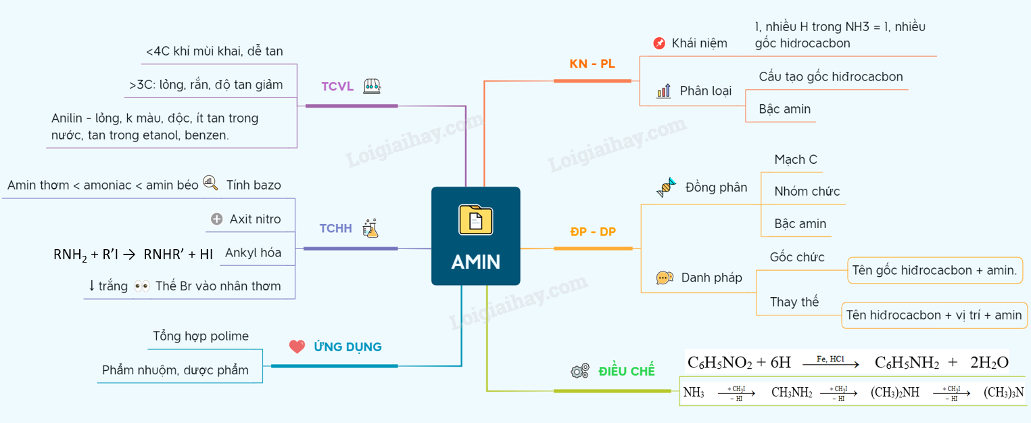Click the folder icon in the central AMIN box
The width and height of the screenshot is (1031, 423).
(x=475, y=219)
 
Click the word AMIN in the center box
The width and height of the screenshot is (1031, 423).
(x=475, y=262)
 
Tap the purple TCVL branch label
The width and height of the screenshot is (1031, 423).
(x=337, y=86)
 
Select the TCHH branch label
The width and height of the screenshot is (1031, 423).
(x=336, y=229)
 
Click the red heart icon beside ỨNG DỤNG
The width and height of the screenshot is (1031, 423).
(x=297, y=347)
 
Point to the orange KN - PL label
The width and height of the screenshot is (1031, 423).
(x=592, y=64)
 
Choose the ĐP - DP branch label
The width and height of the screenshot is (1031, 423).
(x=593, y=231)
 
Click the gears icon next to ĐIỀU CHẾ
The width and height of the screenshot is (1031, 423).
(x=579, y=371)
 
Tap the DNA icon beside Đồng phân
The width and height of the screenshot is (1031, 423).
(x=666, y=187)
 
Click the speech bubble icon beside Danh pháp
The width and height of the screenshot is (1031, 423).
(x=665, y=277)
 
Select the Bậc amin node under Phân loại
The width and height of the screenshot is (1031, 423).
(x=784, y=109)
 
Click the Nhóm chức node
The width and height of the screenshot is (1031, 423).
(x=807, y=192)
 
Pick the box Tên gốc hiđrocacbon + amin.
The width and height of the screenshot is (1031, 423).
(x=934, y=270)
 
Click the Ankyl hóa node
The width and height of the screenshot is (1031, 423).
(x=253, y=253)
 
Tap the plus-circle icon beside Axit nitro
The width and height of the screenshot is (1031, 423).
(x=216, y=219)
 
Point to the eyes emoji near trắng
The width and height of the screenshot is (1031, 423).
(x=141, y=286)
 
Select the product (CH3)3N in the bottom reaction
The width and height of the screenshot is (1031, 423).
(x=1003, y=393)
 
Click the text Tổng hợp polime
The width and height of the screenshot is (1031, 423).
(x=201, y=336)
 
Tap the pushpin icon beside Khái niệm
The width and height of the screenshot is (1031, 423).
(x=659, y=43)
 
